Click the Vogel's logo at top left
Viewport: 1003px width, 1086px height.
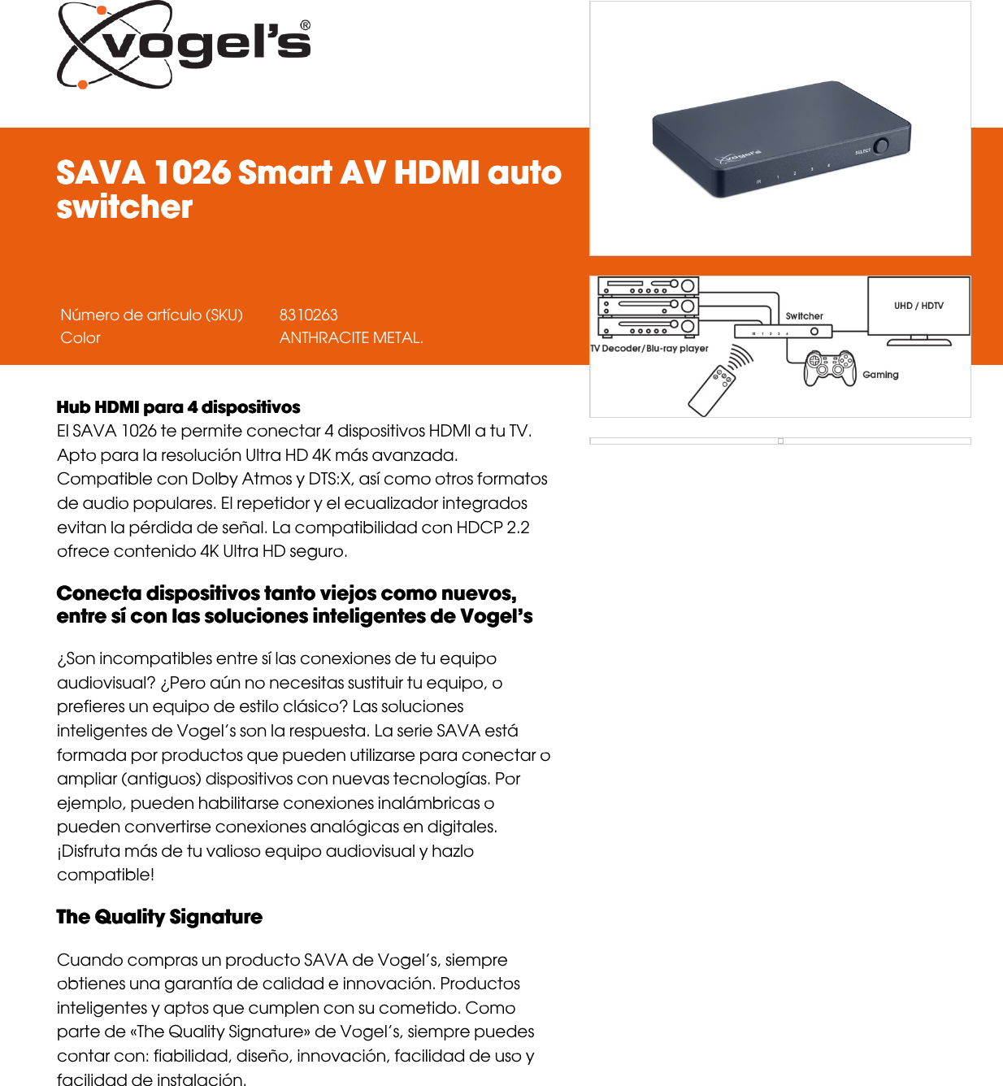tap(184, 45)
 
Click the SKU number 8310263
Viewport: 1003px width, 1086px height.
tap(308, 315)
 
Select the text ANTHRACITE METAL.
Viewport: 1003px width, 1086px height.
tap(351, 337)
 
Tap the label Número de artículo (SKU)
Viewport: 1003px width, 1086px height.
tap(151, 315)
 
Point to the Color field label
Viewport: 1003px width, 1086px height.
tap(80, 337)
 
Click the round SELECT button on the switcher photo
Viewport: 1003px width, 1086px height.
tap(881, 146)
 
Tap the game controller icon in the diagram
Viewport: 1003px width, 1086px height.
tap(830, 367)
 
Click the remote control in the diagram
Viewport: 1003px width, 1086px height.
tap(712, 391)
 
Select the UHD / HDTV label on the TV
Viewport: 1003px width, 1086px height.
tap(918, 306)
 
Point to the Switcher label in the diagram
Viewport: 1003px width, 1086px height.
tap(804, 316)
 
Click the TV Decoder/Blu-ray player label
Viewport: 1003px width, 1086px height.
tap(649, 349)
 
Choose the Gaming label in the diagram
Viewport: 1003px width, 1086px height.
tap(880, 375)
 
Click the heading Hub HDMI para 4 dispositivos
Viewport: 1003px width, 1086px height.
tap(178, 407)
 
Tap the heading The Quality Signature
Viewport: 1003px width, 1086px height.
tap(159, 917)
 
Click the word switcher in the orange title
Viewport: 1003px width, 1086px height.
tap(124, 206)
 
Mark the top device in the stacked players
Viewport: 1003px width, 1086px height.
tap(648, 286)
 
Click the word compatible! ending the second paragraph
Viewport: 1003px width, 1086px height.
tap(106, 875)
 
